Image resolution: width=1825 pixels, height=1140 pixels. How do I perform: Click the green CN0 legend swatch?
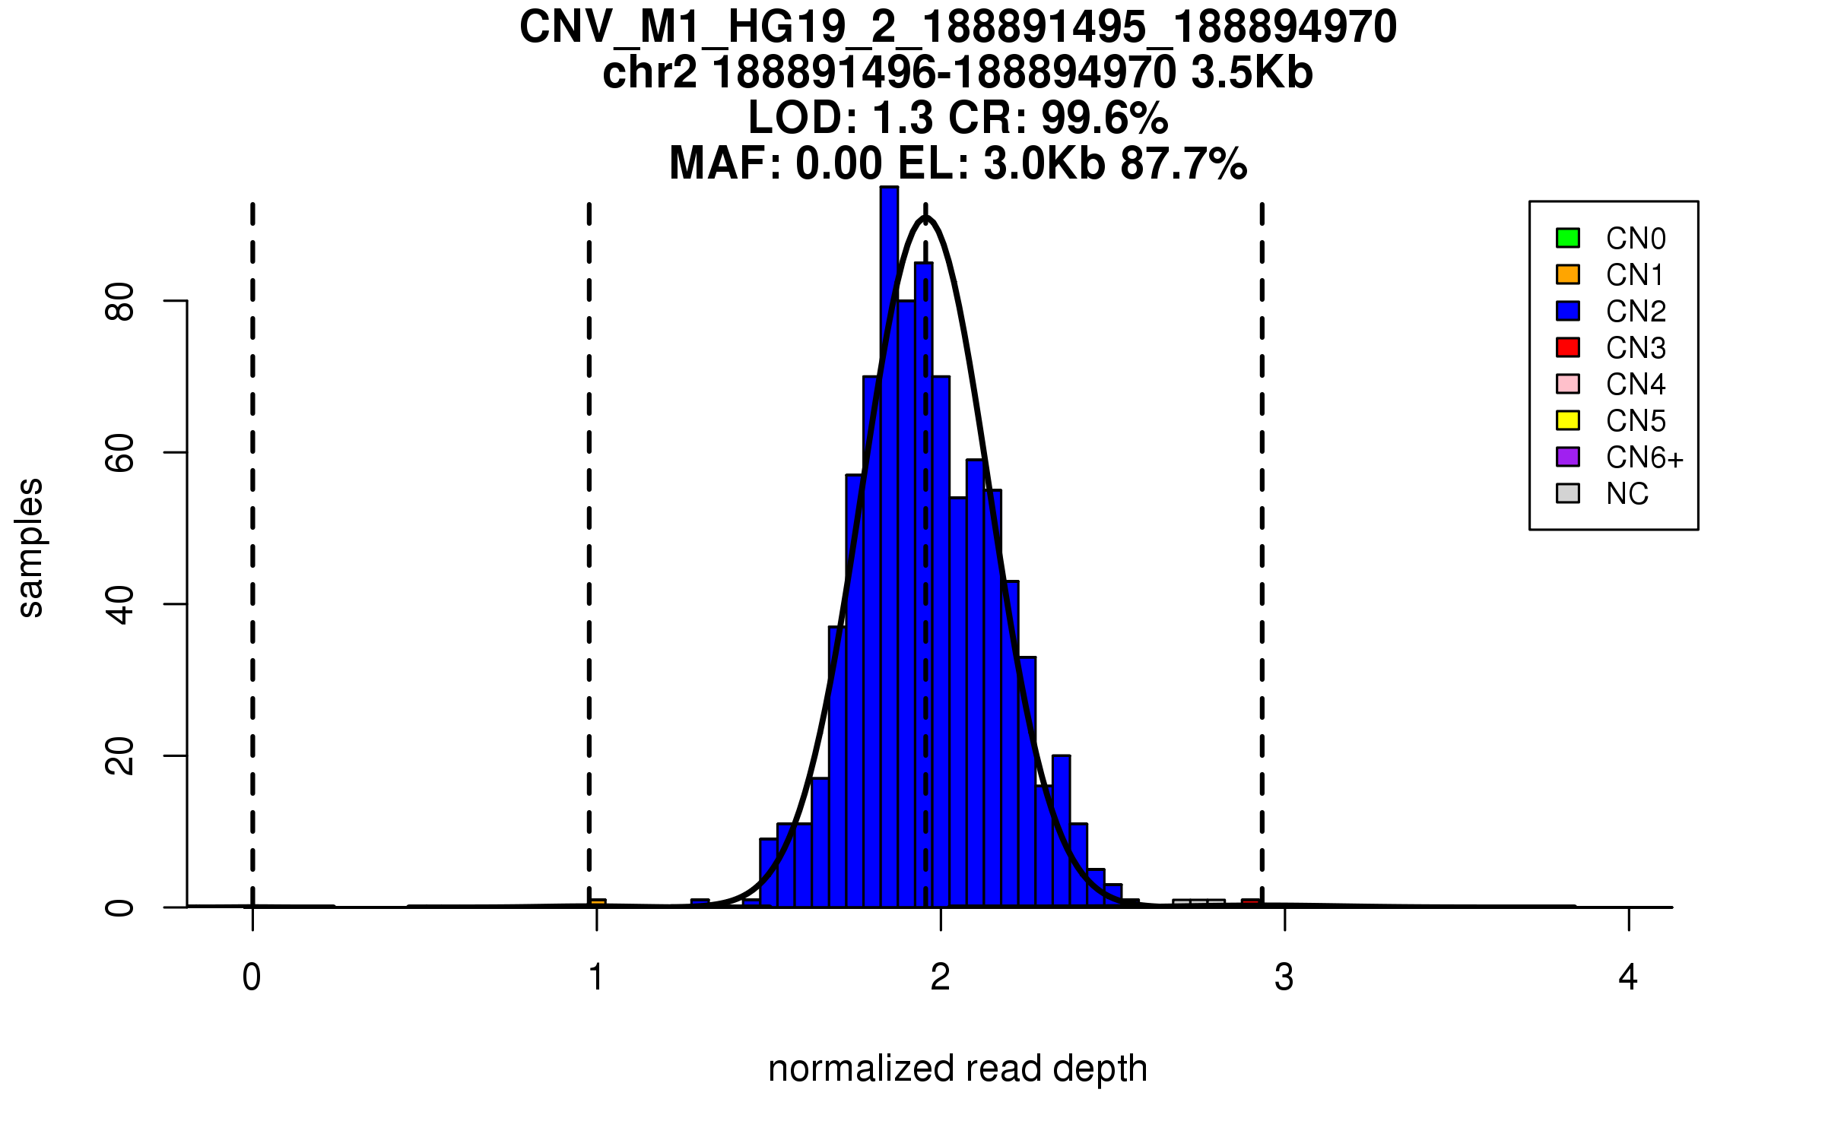tap(1568, 238)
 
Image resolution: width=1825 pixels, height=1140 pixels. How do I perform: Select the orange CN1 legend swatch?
tap(1568, 274)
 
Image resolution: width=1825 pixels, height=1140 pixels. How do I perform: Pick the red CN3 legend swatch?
tap(1568, 347)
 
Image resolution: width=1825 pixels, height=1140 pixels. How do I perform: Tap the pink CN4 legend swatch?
tap(1568, 384)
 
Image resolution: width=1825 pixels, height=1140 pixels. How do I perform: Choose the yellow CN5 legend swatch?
tap(1568, 420)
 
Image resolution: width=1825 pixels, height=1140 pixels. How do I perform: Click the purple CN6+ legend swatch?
tap(1568, 457)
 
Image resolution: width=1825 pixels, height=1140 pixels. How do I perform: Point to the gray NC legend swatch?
tap(1568, 493)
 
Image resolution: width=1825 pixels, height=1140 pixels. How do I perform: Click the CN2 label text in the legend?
tap(1636, 312)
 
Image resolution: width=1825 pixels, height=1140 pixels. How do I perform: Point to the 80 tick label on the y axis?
tap(120, 302)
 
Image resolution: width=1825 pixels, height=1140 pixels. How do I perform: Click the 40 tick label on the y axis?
tap(120, 605)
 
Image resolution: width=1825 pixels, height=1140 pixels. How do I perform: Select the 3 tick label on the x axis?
tap(1284, 977)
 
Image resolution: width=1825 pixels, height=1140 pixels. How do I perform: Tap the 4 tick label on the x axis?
tap(1628, 977)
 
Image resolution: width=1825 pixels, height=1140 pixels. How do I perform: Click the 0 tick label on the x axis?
tap(252, 977)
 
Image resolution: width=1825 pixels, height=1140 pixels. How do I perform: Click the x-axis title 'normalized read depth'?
tap(957, 1069)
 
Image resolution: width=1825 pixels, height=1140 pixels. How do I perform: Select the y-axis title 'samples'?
tap(30, 547)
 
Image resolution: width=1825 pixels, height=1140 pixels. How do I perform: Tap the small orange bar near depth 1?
tap(598, 903)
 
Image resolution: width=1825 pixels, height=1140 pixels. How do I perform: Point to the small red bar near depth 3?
tap(1251, 903)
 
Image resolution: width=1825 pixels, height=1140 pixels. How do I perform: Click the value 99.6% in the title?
tap(1104, 119)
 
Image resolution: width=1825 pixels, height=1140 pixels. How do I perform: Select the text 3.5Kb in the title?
tap(1252, 74)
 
